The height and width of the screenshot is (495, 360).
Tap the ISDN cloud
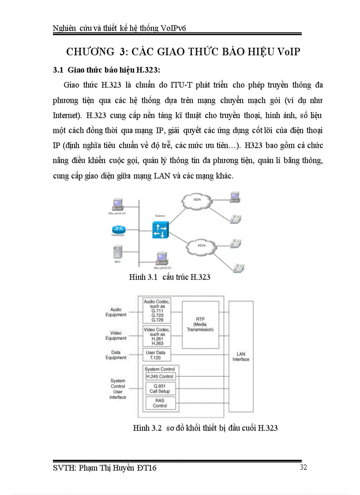(197, 201)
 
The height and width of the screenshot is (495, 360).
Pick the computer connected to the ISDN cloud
(234, 197)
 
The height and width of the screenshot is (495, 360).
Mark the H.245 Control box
(160, 376)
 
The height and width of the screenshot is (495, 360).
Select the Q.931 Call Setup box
(160, 388)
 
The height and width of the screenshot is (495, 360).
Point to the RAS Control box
(160, 403)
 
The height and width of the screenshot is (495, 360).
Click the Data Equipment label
(116, 355)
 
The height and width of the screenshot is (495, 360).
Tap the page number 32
(303, 468)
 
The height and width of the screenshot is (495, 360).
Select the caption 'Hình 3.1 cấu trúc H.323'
(169, 277)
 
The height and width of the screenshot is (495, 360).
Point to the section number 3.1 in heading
(58, 70)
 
